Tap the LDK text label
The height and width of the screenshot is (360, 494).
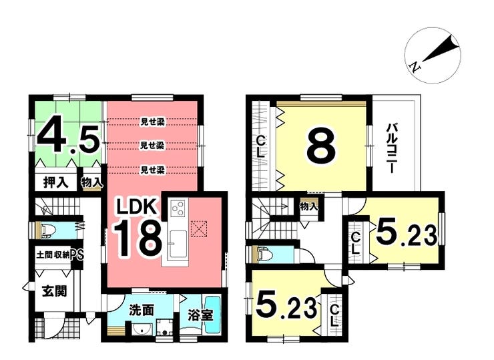click(136, 208)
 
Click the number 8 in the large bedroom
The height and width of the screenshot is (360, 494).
click(320, 148)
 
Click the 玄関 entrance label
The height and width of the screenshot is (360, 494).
click(55, 291)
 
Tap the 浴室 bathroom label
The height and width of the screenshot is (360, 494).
click(201, 315)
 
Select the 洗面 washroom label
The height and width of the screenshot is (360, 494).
click(142, 311)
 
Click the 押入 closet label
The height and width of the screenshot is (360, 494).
click(56, 182)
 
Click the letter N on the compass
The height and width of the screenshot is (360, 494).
click(415, 67)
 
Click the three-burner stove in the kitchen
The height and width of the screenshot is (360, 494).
click(178, 208)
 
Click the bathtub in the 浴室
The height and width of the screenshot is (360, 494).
click(214, 314)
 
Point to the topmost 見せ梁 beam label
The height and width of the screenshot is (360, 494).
click(152, 121)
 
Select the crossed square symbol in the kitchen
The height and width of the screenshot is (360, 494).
click(199, 228)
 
